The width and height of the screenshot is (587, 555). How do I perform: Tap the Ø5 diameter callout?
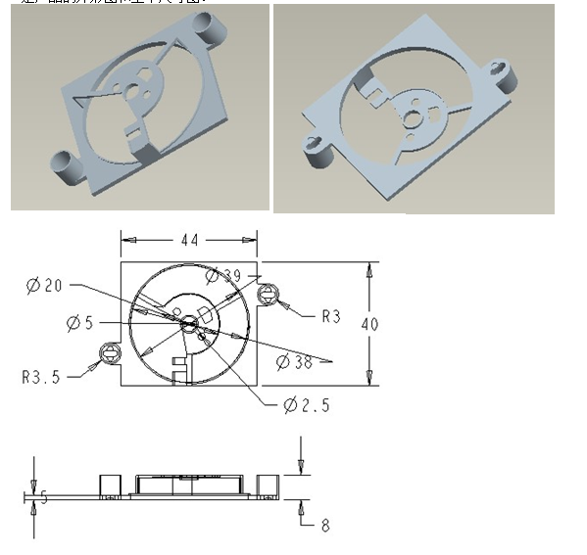81,322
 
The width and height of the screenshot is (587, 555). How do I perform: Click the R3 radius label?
331,316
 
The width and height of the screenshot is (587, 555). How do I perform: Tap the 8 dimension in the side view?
325,526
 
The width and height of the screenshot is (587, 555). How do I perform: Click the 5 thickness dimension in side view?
42,497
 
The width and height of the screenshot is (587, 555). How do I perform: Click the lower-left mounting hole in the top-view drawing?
109,353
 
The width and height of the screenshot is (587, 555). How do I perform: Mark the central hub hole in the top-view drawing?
188,320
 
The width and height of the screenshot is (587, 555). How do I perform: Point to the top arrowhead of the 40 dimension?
369,268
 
